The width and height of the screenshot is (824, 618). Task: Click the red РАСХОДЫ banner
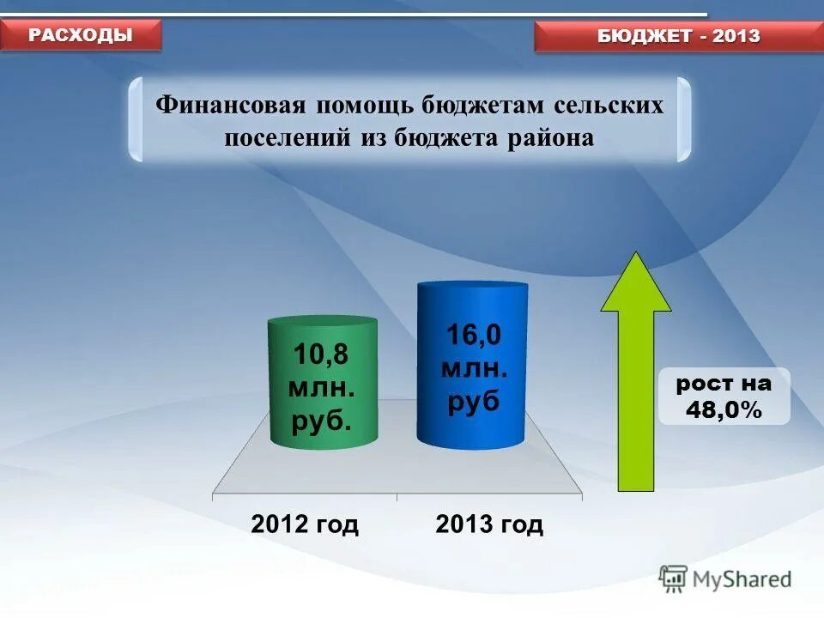81,35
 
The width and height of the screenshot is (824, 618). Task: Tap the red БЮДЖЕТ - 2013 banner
678,36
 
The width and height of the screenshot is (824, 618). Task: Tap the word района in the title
554,137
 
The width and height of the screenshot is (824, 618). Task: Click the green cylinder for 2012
323,382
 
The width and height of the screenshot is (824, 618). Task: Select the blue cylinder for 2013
472,365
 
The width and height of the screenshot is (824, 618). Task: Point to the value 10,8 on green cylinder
322,354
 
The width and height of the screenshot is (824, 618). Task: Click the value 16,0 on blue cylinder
472,335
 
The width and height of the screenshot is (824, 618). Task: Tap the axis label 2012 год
305,524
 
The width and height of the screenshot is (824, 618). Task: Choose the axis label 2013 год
489,524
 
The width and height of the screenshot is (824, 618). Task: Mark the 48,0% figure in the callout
724,410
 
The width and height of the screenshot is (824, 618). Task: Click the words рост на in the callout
724,384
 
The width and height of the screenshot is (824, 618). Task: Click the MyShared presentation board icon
674,579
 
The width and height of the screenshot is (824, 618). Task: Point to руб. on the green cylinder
322,422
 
